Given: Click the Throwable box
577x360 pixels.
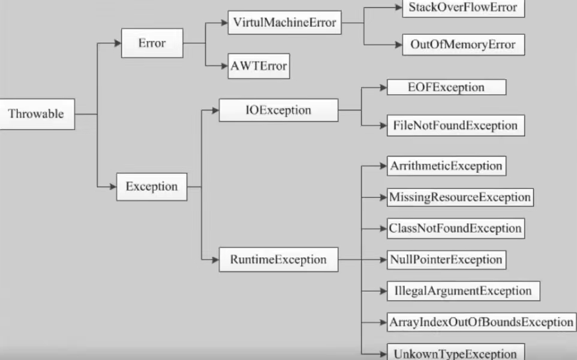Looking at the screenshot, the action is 37,114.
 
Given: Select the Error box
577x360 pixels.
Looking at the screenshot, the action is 152,43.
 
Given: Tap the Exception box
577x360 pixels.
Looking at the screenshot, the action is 152,187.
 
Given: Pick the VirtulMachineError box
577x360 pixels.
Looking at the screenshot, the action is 284,22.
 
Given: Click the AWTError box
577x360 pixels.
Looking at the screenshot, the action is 259,66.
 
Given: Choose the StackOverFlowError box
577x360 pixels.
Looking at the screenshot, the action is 463,8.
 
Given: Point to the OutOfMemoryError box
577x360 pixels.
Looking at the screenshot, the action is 463,44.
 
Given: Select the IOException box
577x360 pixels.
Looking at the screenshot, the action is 278,110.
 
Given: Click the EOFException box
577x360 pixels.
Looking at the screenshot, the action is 446,87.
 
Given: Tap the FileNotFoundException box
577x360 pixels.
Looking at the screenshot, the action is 456,125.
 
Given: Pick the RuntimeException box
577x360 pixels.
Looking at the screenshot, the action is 278,260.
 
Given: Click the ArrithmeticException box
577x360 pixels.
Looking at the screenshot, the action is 446,166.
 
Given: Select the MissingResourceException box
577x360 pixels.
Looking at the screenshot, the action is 460,197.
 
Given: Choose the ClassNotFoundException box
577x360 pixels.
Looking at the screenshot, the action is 456,229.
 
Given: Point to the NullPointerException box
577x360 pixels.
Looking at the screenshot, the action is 446,260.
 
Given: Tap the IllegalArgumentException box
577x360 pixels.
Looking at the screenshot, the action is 463,291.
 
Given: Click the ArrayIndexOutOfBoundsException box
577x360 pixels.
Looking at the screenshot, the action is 481,322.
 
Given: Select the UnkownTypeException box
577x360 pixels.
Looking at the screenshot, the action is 456,352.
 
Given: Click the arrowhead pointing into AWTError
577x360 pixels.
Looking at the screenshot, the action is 224,66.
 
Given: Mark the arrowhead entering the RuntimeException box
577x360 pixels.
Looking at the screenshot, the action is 215,260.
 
